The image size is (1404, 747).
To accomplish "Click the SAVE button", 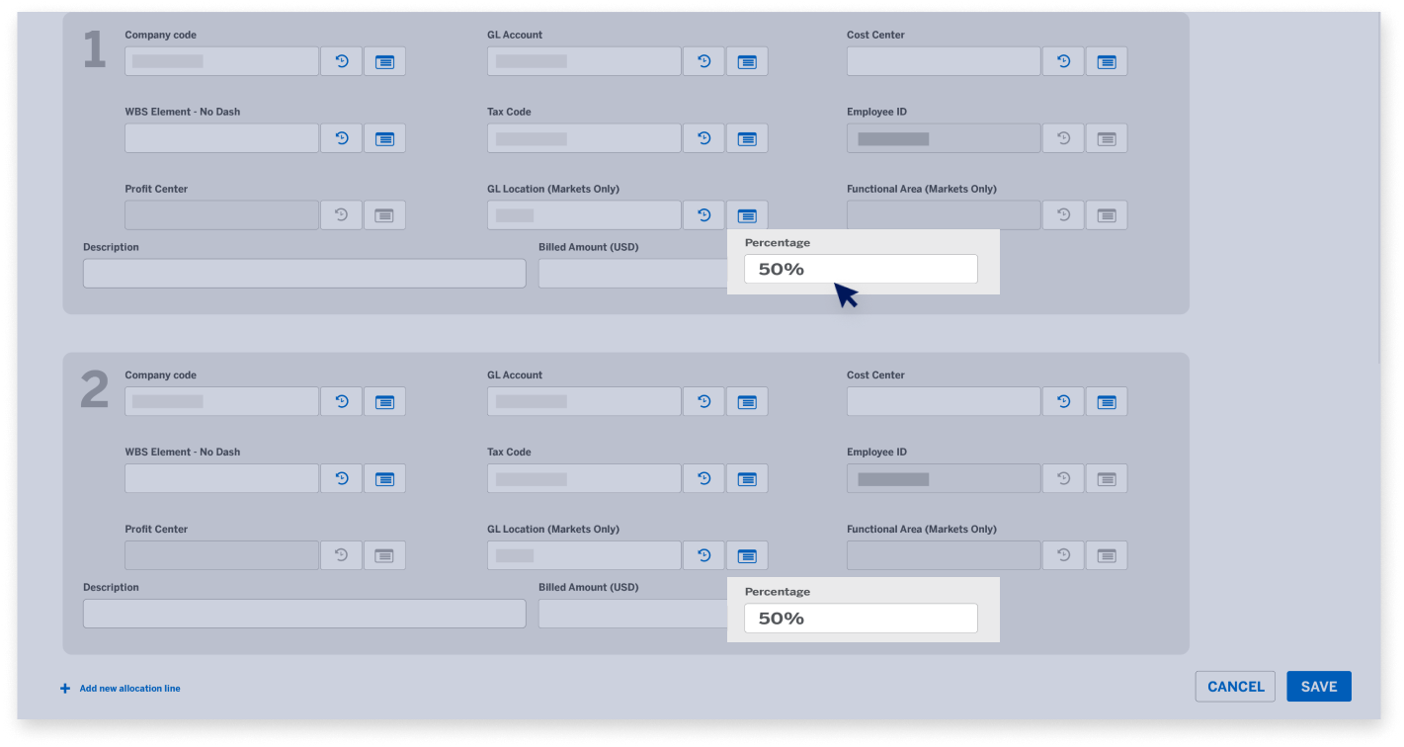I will coord(1318,687).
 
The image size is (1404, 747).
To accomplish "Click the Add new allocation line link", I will coord(129,689).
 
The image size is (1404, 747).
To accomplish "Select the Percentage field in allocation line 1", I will coord(860,269).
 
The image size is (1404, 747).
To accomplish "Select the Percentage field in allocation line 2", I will coord(860,619).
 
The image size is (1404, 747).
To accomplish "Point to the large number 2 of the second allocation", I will coord(94,390).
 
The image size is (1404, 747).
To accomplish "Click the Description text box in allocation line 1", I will coord(304,274).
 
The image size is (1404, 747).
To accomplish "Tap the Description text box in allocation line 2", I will coord(304,614).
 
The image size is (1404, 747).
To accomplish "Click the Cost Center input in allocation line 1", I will coord(944,61).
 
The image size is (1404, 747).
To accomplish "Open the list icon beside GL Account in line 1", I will coord(747,61).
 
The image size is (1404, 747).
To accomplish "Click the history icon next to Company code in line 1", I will coord(341,61).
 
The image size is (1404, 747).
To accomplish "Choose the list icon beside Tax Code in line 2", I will coord(747,478).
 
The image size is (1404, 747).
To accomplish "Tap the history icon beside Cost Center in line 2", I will coord(1063,401).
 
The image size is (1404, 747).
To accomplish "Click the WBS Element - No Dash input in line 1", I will coord(221,138).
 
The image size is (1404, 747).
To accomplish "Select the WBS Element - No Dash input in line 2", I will coord(221,478).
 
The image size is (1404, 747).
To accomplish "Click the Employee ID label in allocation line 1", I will coord(876,112).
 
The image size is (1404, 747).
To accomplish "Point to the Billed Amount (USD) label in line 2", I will coord(588,587).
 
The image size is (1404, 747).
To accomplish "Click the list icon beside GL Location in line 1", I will coord(747,215).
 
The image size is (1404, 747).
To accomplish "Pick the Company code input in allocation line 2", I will coord(221,401).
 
